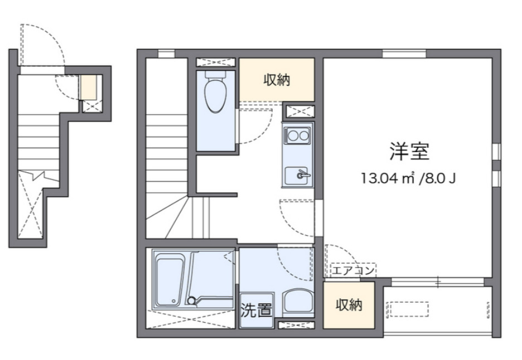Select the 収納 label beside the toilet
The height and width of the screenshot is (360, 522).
(x=277, y=80)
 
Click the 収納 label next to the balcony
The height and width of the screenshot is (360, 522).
(x=349, y=305)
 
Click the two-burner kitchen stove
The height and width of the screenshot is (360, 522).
(x=298, y=135)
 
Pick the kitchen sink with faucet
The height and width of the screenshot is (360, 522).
(x=298, y=176)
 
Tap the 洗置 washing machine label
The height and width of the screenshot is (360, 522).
(x=256, y=310)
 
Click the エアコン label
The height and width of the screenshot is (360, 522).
(x=353, y=271)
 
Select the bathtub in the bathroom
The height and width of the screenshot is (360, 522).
(x=170, y=280)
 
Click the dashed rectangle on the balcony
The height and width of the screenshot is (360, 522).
(x=407, y=309)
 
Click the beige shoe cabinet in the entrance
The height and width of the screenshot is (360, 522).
(x=89, y=86)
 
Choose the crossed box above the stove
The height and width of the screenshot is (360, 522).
(x=298, y=110)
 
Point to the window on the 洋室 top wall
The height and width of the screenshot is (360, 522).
(x=404, y=54)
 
